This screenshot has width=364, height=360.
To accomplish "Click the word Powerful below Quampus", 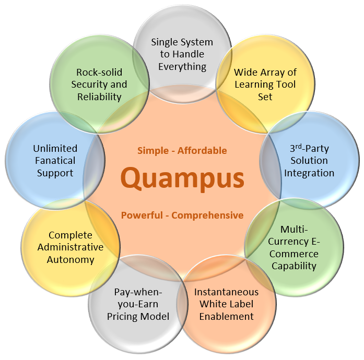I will coord(144,215).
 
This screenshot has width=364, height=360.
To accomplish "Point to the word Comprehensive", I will coord(207,215).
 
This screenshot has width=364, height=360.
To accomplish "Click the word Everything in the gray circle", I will coord(182,66).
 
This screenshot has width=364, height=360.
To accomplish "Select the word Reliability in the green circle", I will coord(99,97).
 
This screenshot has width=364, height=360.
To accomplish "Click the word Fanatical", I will coord(55,160).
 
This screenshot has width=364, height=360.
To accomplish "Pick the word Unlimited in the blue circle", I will coord(55,148).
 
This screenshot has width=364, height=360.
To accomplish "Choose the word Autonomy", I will coord(72,259).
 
